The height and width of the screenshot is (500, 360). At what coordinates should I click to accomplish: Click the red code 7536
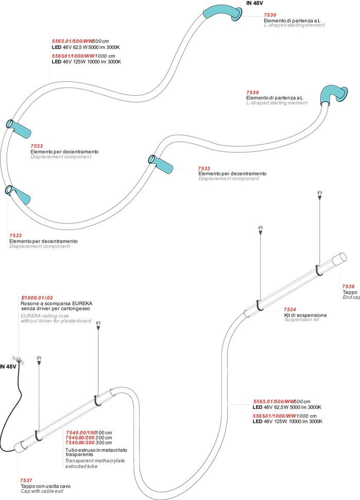click(348, 287)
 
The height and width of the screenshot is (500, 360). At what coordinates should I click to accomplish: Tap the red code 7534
click(291, 309)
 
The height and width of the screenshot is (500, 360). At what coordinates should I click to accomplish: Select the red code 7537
click(26, 480)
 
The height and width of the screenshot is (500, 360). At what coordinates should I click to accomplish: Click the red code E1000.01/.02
click(37, 298)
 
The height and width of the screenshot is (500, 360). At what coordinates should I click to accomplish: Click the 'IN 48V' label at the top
click(255, 3)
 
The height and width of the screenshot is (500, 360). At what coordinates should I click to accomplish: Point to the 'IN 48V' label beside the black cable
click(9, 367)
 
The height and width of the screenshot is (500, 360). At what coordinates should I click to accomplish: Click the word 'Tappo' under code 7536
click(350, 292)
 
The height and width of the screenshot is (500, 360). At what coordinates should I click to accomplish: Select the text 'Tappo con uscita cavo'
click(45, 486)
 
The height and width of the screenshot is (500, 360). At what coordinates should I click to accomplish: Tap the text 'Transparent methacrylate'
click(95, 461)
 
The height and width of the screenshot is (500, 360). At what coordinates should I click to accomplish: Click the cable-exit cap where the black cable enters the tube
click(20, 445)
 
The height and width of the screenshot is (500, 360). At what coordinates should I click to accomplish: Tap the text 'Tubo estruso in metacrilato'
click(96, 450)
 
